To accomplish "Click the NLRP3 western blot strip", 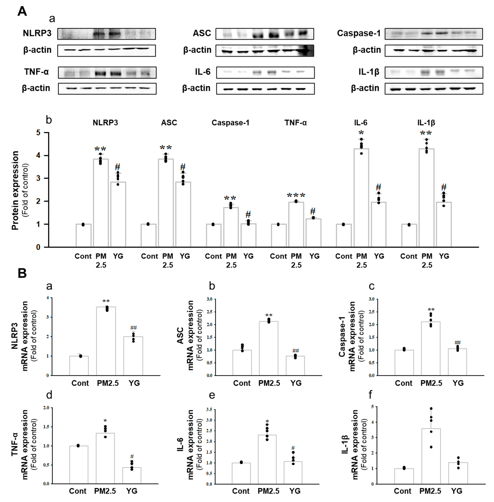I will tap(107, 34).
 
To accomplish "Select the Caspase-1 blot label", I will tap(359, 33).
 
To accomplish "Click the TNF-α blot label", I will tap(37, 72).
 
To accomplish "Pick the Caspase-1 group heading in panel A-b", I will tap(230, 123).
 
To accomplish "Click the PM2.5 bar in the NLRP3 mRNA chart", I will tap(106, 341).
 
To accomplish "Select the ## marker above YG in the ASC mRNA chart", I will tap(296, 351).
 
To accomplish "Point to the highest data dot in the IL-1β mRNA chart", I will tap(431, 408).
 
